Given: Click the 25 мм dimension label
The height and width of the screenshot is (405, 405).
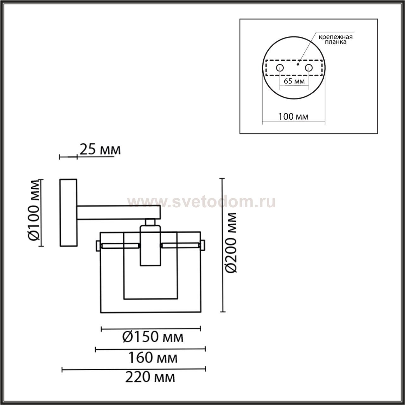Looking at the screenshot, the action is [100, 150].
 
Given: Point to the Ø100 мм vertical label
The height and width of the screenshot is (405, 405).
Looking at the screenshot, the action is [34, 210].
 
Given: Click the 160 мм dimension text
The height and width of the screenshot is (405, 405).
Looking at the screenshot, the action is [153, 358].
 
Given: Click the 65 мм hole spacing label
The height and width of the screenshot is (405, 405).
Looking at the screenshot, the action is [294, 81].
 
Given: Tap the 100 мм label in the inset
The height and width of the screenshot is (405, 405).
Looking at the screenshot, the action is [293, 116].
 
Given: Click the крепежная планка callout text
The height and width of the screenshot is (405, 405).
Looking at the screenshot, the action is [335, 40].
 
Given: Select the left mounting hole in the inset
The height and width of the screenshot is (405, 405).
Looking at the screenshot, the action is [280, 68].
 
